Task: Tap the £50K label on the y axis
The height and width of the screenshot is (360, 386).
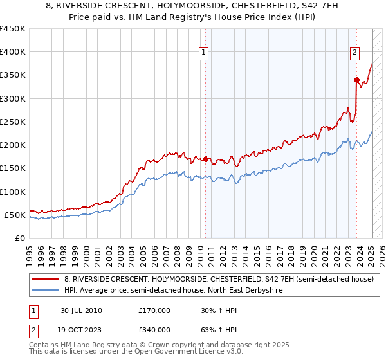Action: pos(14,215)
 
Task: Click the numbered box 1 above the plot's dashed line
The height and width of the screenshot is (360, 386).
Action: pos(204,53)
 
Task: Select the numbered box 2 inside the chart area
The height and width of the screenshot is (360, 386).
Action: pos(354,53)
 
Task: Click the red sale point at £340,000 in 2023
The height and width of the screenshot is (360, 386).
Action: pos(356,80)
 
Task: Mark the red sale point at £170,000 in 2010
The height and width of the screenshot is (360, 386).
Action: pos(206,159)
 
